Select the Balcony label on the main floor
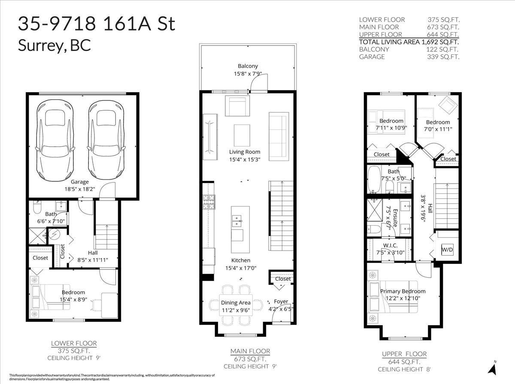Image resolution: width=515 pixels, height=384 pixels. pos(248,66)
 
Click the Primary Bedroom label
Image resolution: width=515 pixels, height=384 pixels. pos(403,291)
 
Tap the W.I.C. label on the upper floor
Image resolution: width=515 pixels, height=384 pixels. pos(390,245)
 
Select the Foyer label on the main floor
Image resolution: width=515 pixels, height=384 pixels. pos(281,301)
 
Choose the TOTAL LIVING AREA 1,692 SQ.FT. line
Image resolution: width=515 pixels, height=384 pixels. pos(409,42)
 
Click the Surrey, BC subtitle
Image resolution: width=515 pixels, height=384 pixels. pos(55,46)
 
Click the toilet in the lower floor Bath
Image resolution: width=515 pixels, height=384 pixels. pos(37,208)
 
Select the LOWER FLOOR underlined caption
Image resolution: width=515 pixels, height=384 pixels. pos(74,343)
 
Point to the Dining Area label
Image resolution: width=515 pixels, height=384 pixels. pos(236,302)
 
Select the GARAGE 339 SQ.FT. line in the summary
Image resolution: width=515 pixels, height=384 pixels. pos(409,57)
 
